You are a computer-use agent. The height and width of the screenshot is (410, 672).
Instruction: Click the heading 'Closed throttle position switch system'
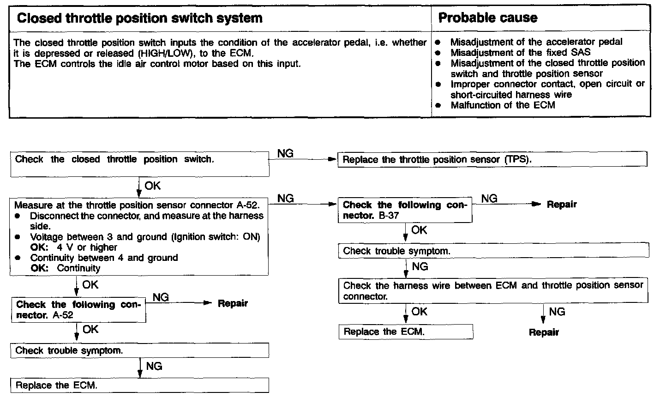coord(139,18)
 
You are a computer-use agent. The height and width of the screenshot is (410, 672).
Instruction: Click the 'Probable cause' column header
coord(487,18)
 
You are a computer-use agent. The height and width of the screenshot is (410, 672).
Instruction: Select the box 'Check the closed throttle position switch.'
coord(139,164)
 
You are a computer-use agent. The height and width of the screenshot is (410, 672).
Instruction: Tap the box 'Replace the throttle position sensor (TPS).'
coord(492,160)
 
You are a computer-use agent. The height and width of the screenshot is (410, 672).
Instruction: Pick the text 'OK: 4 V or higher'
coord(74,247)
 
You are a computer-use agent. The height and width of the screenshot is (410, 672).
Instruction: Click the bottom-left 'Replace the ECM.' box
coord(139,386)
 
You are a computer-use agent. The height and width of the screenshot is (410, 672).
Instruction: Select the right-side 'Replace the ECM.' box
coord(406,332)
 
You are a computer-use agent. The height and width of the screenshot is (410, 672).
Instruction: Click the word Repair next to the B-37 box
coord(562,205)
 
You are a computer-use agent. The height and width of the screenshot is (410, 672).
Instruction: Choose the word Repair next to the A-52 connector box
coord(233,303)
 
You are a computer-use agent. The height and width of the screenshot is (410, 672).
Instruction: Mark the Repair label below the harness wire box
coord(544,332)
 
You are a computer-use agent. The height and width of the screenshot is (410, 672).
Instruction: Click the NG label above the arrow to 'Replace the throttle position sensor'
coord(286,154)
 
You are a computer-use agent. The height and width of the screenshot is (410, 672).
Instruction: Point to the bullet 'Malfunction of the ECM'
coord(503,105)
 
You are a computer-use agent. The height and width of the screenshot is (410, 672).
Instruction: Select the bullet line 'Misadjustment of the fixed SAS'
coord(520,53)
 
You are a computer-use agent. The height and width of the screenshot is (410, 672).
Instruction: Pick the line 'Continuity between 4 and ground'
coord(104,258)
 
